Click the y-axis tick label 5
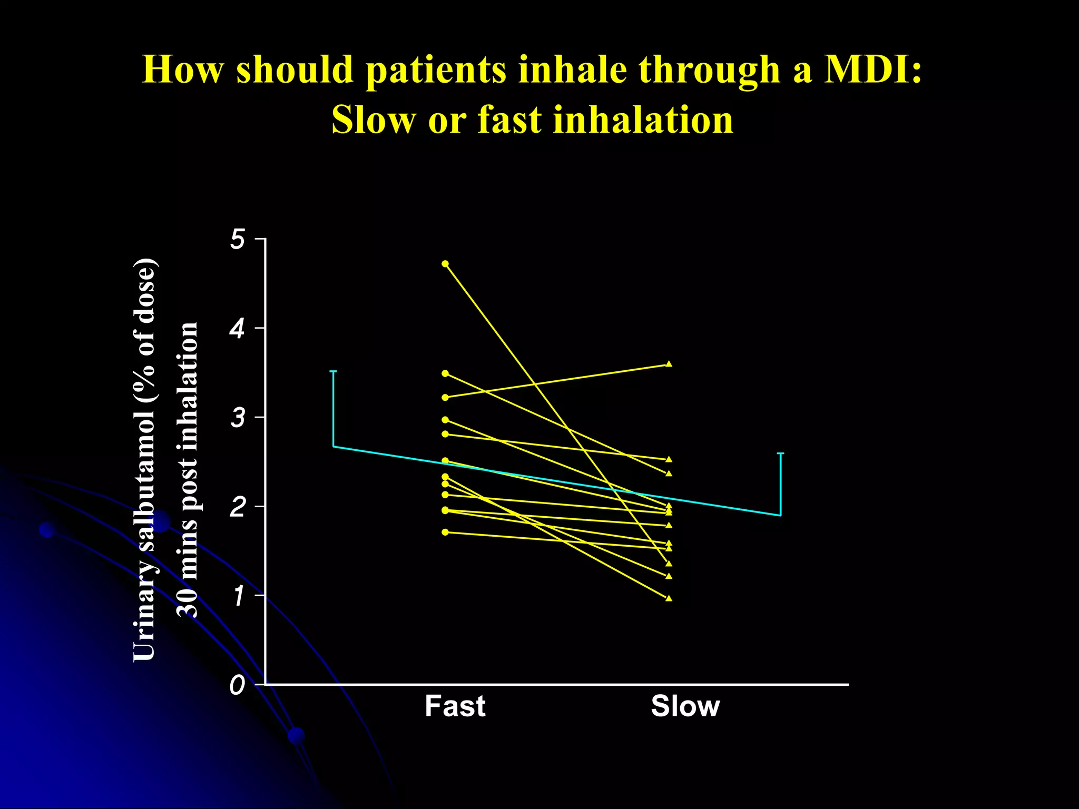(x=238, y=240)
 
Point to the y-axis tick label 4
(x=238, y=329)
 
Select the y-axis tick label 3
(x=238, y=418)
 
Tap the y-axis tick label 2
(x=238, y=507)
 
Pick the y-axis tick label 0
(x=238, y=685)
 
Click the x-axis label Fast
(x=455, y=706)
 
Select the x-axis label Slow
(x=685, y=706)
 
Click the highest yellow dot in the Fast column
(x=445, y=263)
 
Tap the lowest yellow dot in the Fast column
(x=445, y=532)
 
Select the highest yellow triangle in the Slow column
(x=669, y=364)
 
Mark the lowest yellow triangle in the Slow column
(x=669, y=598)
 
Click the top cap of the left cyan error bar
(x=333, y=372)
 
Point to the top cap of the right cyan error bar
(x=780, y=453)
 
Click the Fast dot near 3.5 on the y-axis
(x=445, y=373)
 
